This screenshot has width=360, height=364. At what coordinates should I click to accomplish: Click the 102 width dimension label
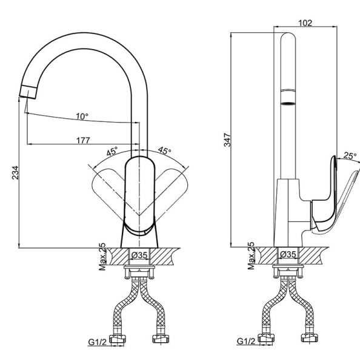(x=305, y=23)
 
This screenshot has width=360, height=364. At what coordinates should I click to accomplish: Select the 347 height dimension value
(x=227, y=140)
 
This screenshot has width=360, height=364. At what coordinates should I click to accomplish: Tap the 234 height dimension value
(x=15, y=172)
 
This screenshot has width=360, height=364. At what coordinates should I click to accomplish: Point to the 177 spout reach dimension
(x=83, y=140)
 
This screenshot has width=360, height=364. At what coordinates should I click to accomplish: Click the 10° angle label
(x=82, y=116)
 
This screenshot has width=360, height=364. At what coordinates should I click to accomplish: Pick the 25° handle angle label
(x=350, y=155)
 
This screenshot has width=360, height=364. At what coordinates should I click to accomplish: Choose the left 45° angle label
(x=112, y=151)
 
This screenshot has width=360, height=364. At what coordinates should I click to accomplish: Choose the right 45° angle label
(x=165, y=150)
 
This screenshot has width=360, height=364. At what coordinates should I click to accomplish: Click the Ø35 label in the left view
(x=139, y=255)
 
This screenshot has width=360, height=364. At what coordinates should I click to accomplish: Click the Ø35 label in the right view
(x=288, y=254)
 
